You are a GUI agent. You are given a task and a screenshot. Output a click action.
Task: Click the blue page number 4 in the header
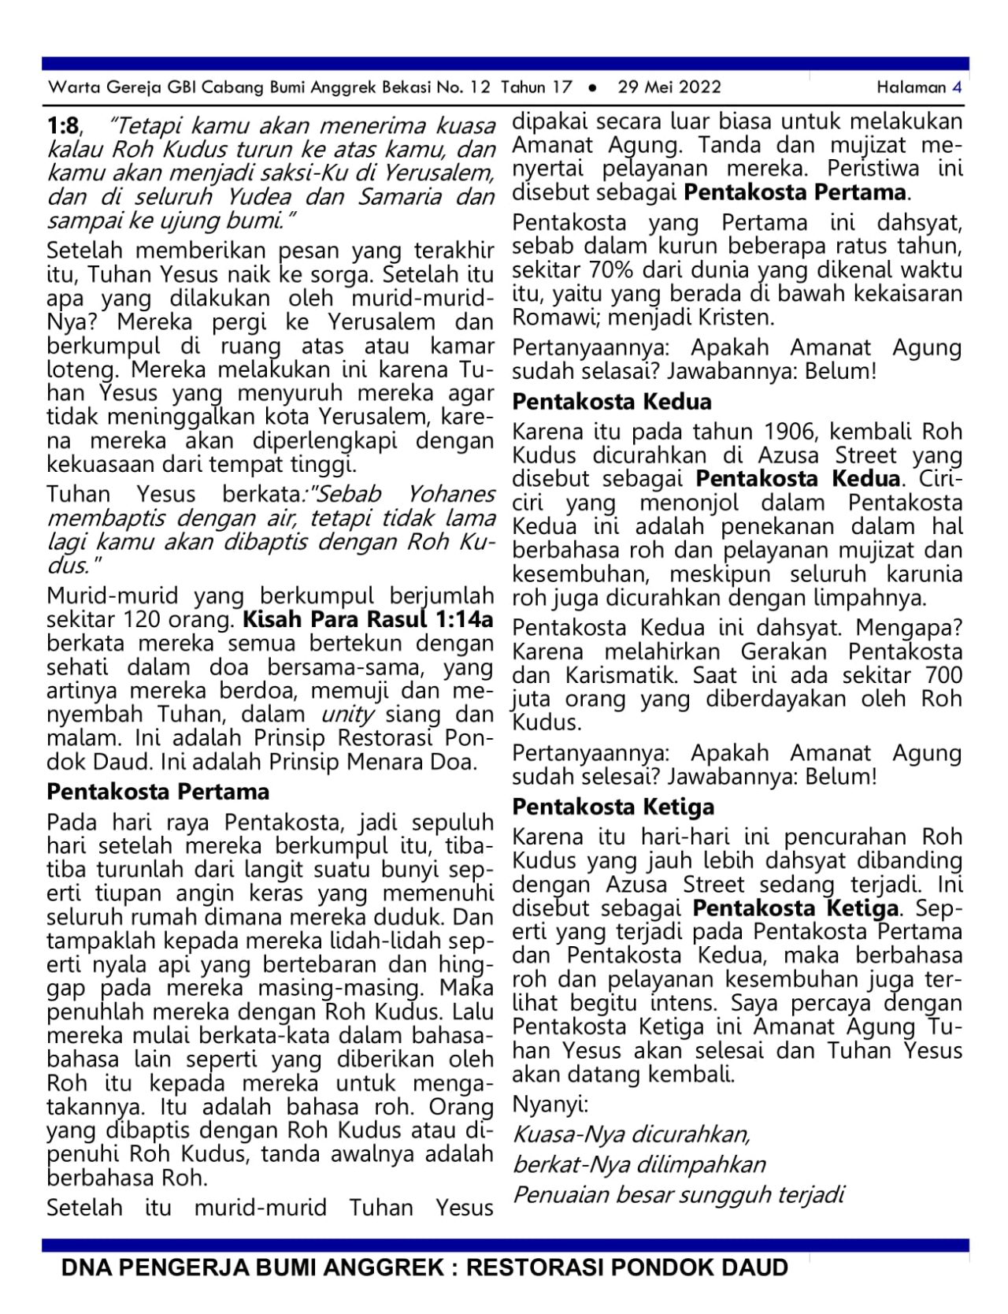[x=957, y=87]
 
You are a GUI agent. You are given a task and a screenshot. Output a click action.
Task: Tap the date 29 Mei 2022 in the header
[x=669, y=87]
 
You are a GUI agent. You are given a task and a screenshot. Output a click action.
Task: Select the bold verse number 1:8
[x=63, y=126]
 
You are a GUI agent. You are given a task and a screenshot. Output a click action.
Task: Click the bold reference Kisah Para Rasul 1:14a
[x=369, y=620]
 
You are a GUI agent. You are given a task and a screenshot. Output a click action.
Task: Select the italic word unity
[x=347, y=715]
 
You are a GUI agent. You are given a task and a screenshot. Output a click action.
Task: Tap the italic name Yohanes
[x=451, y=495]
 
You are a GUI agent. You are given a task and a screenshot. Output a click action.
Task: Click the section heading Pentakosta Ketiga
[x=613, y=807]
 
